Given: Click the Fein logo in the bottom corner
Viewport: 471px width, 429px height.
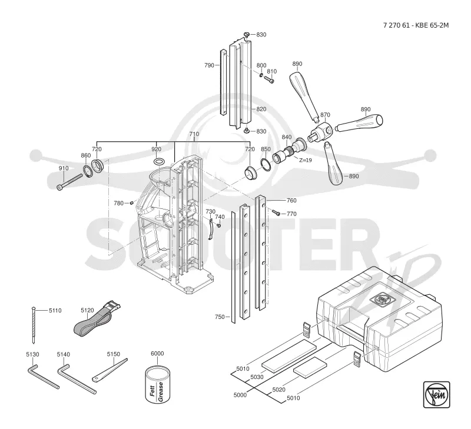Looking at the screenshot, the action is (x=436, y=394).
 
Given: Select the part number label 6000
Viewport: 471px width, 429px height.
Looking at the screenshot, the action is (x=157, y=353).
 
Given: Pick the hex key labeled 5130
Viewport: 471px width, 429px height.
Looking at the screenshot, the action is (x=43, y=376).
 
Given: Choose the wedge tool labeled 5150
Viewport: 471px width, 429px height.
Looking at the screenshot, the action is (x=110, y=370).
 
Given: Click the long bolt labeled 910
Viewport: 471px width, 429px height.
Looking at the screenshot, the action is (x=69, y=182).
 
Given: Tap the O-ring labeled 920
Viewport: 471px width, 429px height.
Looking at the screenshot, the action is (x=158, y=161).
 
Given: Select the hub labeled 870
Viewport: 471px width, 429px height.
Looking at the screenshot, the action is (x=320, y=131).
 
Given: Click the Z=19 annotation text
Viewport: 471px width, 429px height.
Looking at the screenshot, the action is (x=305, y=160).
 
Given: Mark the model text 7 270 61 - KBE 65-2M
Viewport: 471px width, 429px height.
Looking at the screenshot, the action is (x=416, y=25).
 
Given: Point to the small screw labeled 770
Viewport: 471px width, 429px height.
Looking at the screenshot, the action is (x=276, y=212).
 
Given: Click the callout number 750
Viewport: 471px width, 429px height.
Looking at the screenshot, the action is (x=220, y=317).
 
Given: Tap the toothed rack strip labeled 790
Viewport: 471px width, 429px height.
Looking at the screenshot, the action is (x=223, y=82).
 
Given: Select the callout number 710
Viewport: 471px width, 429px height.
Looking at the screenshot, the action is (x=194, y=134).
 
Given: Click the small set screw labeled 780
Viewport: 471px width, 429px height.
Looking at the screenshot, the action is (x=131, y=203).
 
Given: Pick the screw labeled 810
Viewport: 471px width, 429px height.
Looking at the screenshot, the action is (x=269, y=79).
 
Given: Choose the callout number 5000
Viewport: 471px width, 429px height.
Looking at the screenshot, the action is (x=240, y=395).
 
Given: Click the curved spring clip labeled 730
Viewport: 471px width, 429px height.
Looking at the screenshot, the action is (x=211, y=229).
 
